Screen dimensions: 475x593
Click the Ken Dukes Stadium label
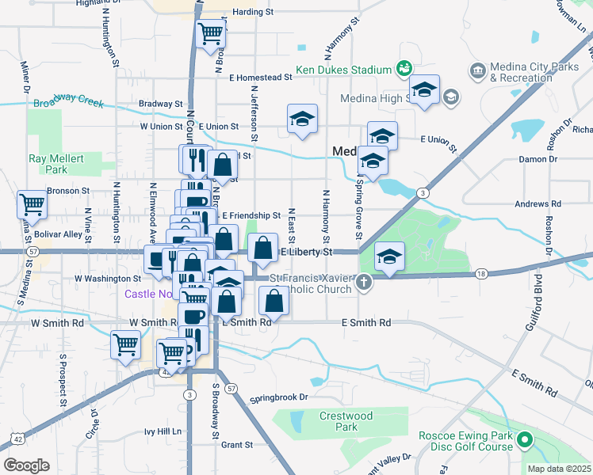point(344,70)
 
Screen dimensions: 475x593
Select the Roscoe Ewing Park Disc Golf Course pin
point(524,439)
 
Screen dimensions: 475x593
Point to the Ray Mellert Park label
point(56,164)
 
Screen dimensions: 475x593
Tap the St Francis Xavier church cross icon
point(364,282)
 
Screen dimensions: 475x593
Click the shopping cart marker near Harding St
point(211,33)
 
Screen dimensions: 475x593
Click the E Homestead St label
point(261,78)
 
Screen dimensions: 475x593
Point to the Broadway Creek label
point(68,101)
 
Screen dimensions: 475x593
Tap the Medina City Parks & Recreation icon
point(478,71)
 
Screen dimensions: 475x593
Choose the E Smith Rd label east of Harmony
point(366,323)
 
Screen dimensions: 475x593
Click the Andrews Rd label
point(538,203)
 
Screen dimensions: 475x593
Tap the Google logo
point(26,465)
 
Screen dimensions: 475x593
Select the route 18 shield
point(481,273)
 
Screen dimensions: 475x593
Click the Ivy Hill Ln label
point(163,431)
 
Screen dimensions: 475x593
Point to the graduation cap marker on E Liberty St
point(389,256)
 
